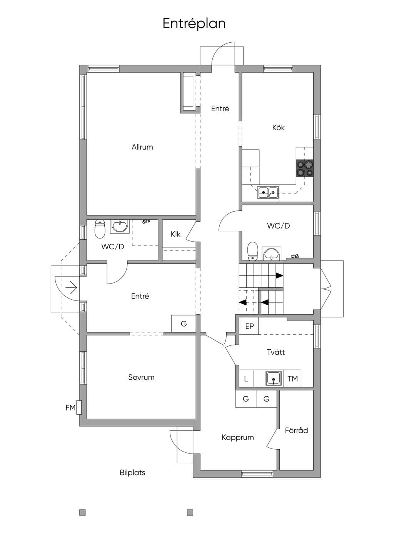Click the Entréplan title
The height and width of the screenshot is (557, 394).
tap(194, 24)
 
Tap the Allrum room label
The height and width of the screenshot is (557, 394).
tap(142, 147)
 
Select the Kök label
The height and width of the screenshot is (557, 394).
tap(278, 128)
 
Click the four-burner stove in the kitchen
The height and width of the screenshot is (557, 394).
tap(304, 168)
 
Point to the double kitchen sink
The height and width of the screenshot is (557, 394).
tap(268, 192)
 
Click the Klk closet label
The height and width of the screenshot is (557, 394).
tap(175, 234)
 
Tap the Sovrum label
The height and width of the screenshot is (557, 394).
tap(141, 377)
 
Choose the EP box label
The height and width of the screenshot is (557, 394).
tap(249, 326)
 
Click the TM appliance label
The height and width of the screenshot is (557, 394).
tap(292, 379)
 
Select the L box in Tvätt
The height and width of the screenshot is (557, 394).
tap(246, 379)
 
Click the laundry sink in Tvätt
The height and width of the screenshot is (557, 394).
tap(274, 378)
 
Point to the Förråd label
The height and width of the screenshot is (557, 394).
tap(296, 430)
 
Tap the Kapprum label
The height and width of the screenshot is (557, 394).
tap(238, 437)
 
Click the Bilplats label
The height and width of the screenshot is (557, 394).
tap(132, 472)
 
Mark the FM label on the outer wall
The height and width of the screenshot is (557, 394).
tap(70, 407)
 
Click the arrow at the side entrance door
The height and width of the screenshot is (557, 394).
tap(71, 288)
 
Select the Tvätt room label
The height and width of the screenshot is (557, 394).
tap(275, 352)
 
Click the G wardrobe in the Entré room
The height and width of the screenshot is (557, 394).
tap(184, 324)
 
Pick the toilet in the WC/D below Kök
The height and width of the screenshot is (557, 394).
tap(253, 251)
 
